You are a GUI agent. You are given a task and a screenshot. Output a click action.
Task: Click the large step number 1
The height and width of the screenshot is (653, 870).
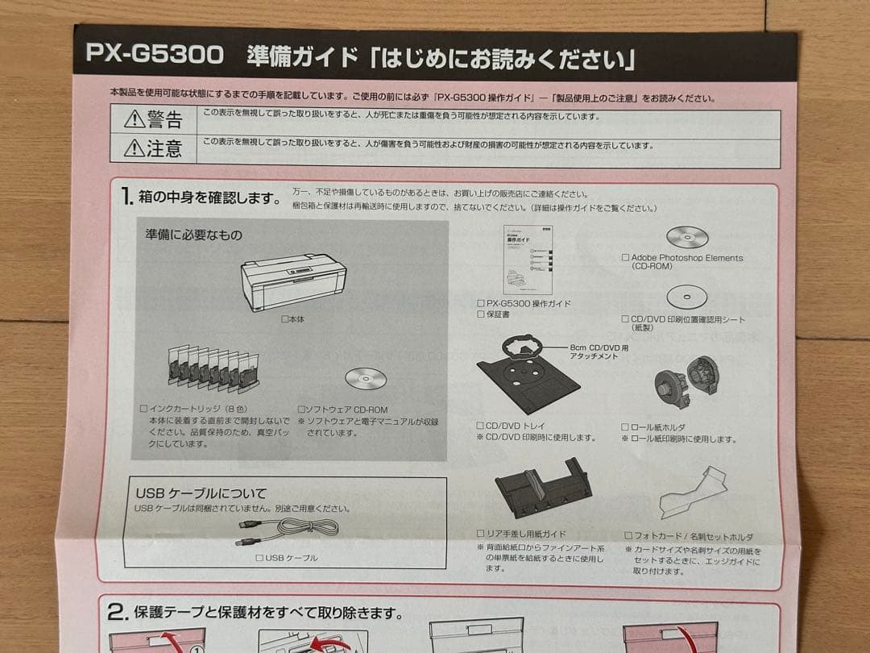click(126, 197)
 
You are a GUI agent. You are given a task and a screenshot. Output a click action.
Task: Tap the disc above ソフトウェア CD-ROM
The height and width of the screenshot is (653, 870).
click(361, 380)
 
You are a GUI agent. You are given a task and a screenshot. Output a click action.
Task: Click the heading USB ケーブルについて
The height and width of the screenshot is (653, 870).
click(201, 493)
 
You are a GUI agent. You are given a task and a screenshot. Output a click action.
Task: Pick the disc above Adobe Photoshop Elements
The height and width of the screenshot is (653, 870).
click(687, 237)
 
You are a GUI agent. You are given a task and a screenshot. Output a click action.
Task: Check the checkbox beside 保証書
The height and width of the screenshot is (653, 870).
click(481, 314)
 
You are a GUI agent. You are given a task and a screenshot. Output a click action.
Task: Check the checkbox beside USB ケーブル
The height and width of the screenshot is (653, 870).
click(259, 558)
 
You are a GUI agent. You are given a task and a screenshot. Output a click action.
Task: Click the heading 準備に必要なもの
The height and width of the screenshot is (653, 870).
click(193, 235)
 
